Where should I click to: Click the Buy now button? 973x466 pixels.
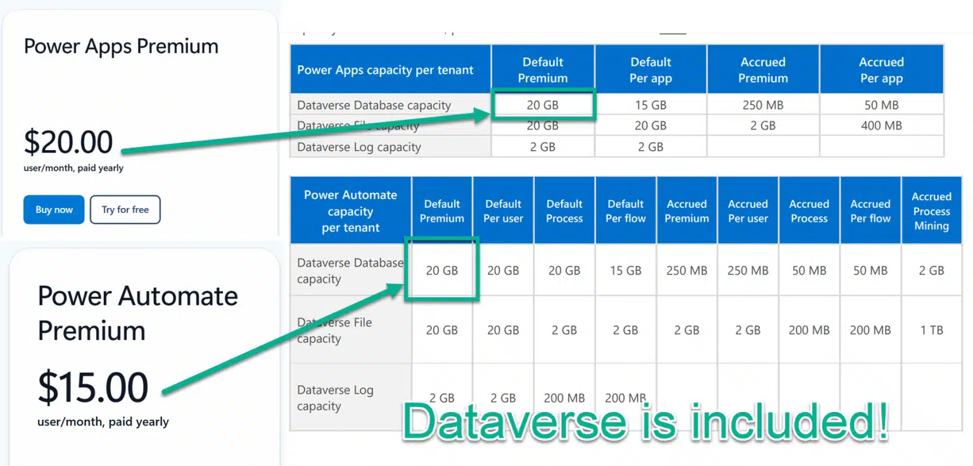[54, 210]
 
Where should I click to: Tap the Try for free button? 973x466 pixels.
[125, 210]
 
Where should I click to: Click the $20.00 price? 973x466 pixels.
[68, 142]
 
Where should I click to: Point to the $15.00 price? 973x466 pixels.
[93, 387]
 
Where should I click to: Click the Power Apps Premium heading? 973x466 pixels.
[121, 46]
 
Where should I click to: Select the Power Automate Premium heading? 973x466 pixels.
[137, 313]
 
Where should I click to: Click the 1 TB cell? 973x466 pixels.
[931, 330]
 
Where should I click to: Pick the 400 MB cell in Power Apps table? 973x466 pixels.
[881, 126]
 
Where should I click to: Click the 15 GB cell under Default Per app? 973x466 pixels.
[651, 105]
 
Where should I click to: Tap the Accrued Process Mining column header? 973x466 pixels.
[931, 211]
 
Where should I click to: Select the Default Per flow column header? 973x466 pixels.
[625, 211]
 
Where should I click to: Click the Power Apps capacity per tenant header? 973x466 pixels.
[385, 70]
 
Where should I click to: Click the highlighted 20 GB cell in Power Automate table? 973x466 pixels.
[442, 270]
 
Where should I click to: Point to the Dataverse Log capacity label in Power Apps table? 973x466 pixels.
[359, 147]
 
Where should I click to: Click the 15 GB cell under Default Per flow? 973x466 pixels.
[625, 270]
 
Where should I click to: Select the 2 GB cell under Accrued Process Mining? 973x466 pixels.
[931, 270]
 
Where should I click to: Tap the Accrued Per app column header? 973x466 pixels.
[881, 70]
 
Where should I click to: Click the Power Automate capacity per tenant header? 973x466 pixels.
[350, 211]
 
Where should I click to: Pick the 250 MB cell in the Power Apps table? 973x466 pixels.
[763, 105]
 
